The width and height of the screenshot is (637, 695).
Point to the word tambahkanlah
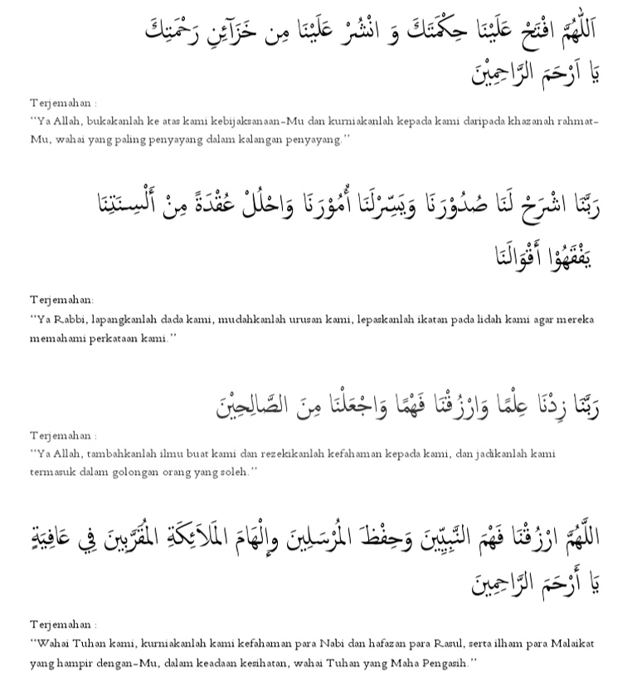click(123, 454)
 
